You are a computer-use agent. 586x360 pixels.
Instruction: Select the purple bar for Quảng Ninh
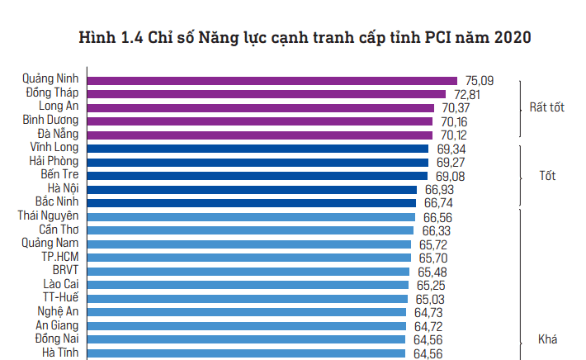[272, 81]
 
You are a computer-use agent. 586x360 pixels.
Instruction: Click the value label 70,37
[456, 107]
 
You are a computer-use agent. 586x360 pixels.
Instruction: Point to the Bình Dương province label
[50, 121]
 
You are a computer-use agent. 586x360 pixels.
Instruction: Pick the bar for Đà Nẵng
[259, 135]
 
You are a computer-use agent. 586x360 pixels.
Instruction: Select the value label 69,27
[451, 162]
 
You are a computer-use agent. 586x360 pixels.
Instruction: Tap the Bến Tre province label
[59, 175]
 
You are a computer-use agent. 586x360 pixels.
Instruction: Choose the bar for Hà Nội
[251, 189]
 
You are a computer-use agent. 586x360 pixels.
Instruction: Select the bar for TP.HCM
[248, 258]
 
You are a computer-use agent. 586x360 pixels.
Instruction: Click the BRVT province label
[65, 270]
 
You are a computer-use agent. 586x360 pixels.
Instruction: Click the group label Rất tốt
[546, 108]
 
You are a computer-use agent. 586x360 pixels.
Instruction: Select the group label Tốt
[546, 176]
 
